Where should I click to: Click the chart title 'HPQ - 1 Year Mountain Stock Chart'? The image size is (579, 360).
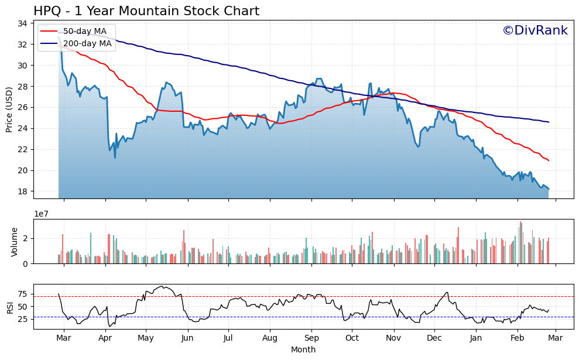coord(146,11)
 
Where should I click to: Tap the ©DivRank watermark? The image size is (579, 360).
coord(535,30)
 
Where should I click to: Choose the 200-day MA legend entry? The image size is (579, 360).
coord(87,43)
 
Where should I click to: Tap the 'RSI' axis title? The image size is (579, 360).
coord(9,306)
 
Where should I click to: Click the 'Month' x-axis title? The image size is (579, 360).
coord(303,349)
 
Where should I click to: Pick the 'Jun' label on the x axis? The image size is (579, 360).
coord(187,338)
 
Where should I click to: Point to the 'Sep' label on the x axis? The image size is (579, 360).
coord(311,338)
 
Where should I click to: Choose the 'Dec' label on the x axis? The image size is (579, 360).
coord(434,338)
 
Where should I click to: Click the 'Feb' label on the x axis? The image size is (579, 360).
coord(518,338)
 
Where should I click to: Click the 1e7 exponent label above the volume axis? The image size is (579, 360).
coord(42,214)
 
